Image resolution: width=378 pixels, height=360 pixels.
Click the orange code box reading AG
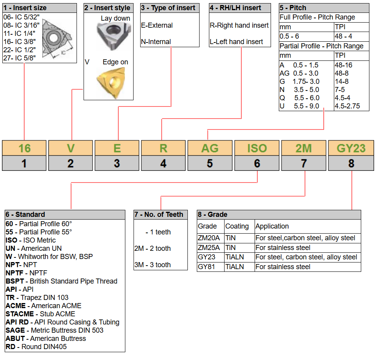210,148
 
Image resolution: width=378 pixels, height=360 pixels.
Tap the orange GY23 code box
351,148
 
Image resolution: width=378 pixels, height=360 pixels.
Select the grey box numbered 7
304,163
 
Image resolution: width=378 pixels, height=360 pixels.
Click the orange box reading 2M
304,148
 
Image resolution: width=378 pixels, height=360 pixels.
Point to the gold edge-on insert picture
112,83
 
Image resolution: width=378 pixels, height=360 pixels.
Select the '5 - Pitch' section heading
293,8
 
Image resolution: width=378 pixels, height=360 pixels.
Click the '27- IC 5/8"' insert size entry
20,58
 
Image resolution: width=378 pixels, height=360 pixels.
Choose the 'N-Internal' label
156,42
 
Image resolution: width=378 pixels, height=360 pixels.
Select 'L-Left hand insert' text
236,42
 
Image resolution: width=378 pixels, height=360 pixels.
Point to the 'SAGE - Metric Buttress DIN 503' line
55,330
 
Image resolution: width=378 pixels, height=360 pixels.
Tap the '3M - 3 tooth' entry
153,265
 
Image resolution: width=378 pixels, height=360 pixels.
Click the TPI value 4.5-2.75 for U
347,106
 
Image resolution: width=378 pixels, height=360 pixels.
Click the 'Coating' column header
237,226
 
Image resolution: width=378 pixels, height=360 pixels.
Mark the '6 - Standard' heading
25,214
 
